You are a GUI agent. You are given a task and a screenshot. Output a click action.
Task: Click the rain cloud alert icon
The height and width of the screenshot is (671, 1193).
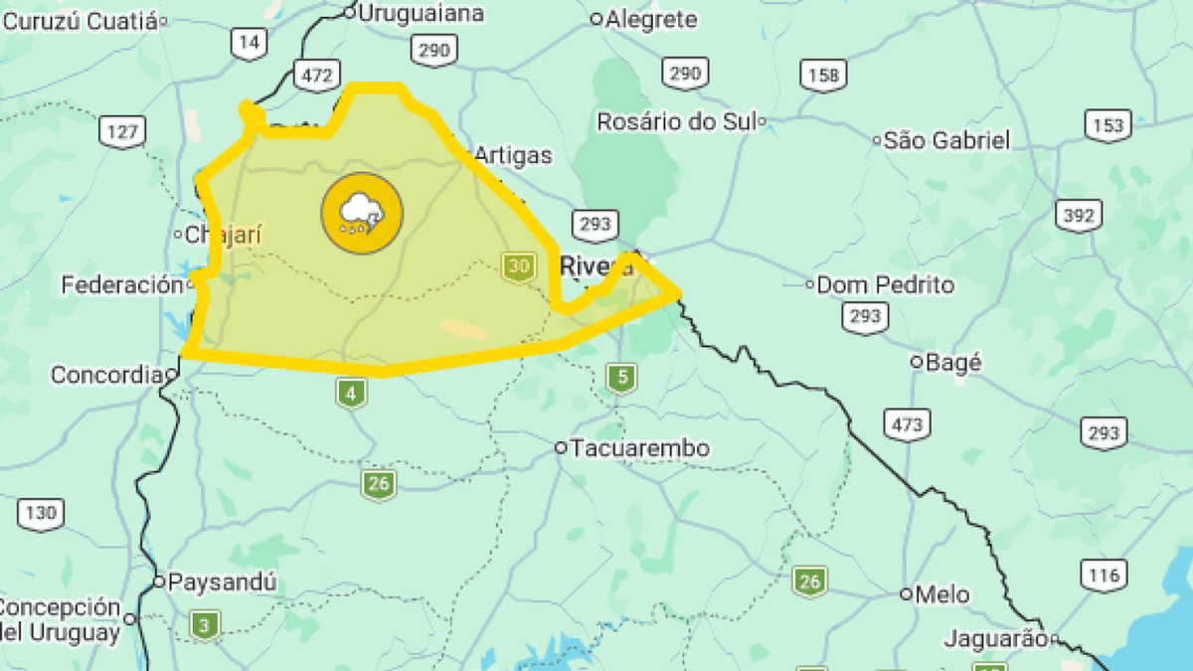[362, 213]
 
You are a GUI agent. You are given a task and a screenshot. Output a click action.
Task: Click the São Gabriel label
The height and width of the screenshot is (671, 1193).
[946, 140]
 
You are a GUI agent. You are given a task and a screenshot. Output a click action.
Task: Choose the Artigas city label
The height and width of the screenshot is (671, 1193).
[512, 155]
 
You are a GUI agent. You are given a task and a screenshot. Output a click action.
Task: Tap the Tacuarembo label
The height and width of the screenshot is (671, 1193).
[640, 448]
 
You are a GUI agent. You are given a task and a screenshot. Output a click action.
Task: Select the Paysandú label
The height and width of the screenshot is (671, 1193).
[222, 582]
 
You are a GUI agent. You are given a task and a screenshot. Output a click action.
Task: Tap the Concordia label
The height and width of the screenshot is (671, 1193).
[105, 376]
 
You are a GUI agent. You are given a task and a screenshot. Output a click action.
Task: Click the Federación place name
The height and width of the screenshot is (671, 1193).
[122, 285]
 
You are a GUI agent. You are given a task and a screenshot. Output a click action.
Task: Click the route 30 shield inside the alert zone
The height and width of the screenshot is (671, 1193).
[517, 266]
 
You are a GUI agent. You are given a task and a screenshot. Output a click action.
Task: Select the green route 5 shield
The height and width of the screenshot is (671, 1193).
[621, 377]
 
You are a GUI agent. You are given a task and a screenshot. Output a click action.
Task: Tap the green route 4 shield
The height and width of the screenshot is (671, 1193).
[350, 394]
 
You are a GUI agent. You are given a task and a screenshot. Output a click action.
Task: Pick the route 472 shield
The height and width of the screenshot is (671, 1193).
[316, 73]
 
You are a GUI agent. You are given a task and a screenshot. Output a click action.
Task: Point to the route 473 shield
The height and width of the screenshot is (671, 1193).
[907, 424]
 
